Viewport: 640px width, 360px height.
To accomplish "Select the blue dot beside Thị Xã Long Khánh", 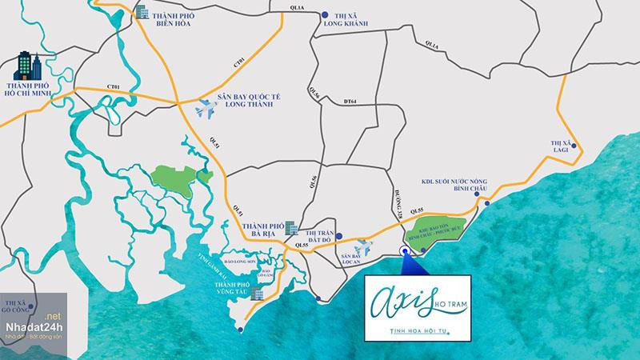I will point(323,14).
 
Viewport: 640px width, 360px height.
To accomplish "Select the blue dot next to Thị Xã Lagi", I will point(578,148).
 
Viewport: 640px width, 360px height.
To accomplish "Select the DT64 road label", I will point(351,101).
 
